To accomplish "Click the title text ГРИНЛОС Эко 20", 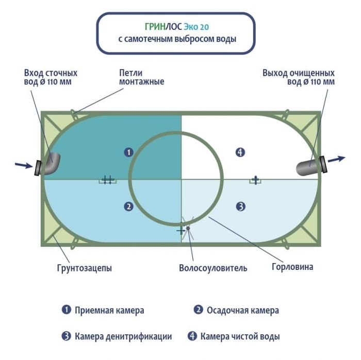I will click(176, 26).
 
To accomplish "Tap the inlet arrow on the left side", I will click(23, 165).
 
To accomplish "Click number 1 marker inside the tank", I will click(129, 152).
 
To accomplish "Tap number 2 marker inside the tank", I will click(129, 207).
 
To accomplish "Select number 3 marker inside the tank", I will click(240, 207).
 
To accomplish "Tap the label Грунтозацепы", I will click(84, 268).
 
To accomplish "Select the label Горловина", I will click(292, 267).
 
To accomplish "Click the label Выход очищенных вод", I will click(298, 77).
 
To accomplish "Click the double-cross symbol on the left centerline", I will click(107, 180).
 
